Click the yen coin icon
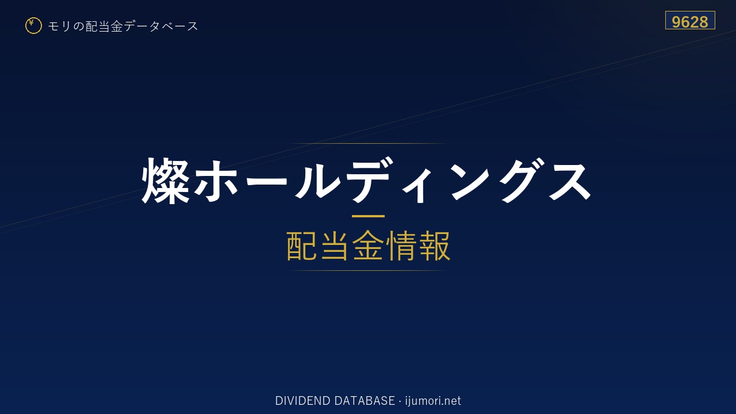(x=33, y=26)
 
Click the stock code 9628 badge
(x=690, y=20)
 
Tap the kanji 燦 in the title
(x=166, y=180)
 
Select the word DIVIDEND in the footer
(x=302, y=401)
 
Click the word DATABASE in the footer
(x=365, y=401)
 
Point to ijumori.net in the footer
(x=433, y=401)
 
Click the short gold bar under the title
(x=368, y=216)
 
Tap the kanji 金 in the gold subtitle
(x=368, y=246)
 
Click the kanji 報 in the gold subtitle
(x=434, y=246)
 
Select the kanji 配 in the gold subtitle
(x=302, y=246)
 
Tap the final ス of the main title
(x=569, y=181)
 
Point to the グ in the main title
(x=523, y=180)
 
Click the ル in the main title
(x=317, y=180)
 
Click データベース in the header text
(x=161, y=26)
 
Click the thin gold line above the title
(x=368, y=144)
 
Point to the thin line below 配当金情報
(x=368, y=271)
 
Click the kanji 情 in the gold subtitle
(x=401, y=246)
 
